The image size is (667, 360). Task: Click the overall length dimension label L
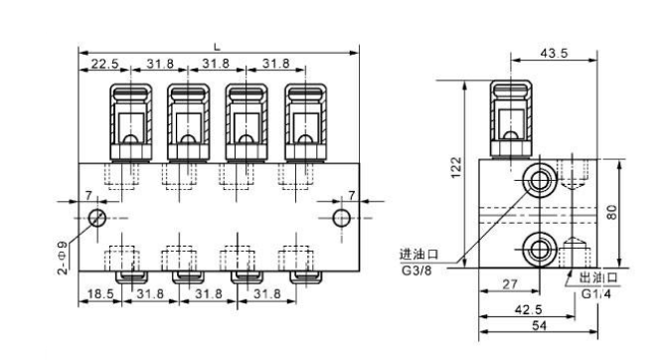217,45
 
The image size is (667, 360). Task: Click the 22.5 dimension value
105,64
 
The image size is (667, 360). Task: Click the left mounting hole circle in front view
97,217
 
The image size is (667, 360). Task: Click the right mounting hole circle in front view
341,217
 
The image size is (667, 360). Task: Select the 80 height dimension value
612,212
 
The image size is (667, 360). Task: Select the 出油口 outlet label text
598,277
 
